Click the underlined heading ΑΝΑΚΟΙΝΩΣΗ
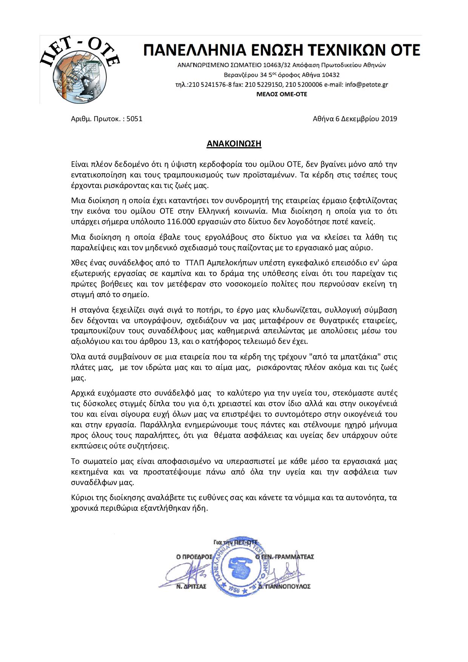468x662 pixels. point(234,144)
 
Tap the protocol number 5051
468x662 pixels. point(134,119)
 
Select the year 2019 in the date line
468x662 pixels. point(389,119)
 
